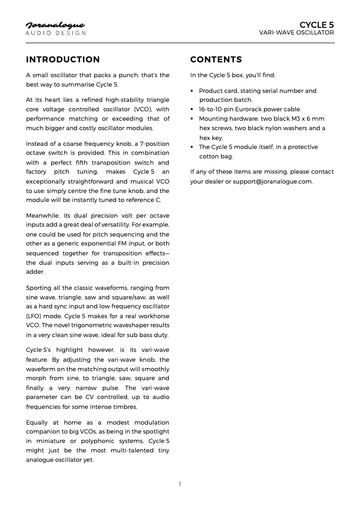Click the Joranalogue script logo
(x=55, y=25)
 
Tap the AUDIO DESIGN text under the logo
(x=55, y=33)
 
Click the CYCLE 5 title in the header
(x=316, y=25)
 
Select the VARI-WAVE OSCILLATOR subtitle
(x=297, y=33)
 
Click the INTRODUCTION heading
(x=63, y=60)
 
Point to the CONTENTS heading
(x=216, y=60)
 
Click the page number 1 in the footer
(x=180, y=484)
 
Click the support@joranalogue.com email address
(x=272, y=181)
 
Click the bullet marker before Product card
(x=192, y=91)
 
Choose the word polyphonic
(x=104, y=441)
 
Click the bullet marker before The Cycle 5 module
(x=192, y=147)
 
